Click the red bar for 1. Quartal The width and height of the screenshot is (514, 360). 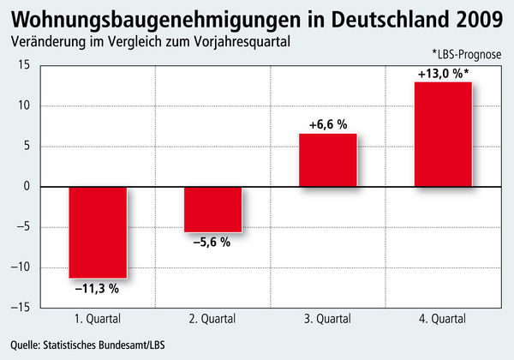98,231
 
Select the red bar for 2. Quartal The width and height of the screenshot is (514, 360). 212,208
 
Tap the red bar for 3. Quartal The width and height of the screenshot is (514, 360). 327,160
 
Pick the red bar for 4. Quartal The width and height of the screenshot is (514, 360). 443,134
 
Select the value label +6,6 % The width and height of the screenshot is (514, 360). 328,125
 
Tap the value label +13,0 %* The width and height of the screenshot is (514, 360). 445,74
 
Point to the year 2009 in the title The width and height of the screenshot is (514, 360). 477,19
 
